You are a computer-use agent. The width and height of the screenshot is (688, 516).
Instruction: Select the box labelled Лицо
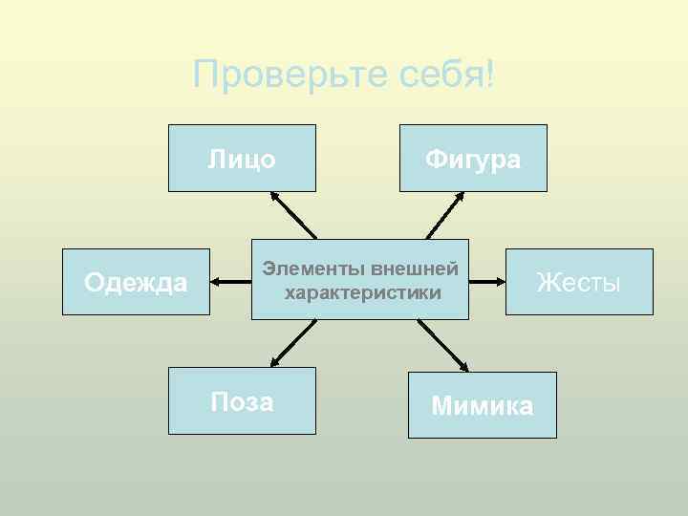point(242,159)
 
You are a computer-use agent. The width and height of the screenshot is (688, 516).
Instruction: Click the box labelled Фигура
point(473,159)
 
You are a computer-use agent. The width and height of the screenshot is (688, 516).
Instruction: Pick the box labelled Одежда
point(136,282)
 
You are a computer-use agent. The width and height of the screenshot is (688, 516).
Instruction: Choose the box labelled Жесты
point(579,282)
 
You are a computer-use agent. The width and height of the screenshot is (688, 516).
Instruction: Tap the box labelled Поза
point(242,401)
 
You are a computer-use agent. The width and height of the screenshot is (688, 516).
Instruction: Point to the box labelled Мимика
point(482,405)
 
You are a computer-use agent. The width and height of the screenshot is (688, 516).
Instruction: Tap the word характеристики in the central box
point(363,292)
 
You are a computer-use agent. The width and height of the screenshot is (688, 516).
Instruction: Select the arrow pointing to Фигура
point(445,214)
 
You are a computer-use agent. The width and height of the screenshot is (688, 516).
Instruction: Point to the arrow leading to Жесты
point(487,282)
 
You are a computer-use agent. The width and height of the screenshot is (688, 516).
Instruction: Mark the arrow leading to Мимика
point(444,346)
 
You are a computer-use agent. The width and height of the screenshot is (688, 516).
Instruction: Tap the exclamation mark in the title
point(489,74)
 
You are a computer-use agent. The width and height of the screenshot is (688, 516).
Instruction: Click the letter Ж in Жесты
point(547,282)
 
